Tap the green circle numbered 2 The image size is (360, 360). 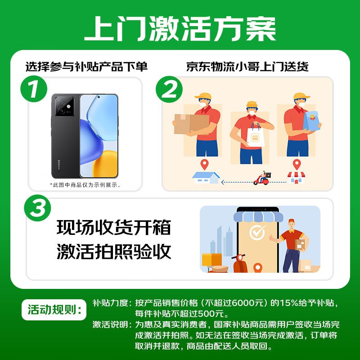click(x=170, y=90)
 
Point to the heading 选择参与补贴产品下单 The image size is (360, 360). click(x=86, y=67)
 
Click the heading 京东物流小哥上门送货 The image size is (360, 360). click(x=247, y=67)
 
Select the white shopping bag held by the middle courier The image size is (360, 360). click(x=255, y=137)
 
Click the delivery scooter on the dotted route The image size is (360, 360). click(x=262, y=179)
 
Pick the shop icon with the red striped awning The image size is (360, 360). click(x=296, y=177)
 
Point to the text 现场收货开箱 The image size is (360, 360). click(x=114, y=228)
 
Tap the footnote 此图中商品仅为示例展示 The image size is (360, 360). click(x=85, y=185)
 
